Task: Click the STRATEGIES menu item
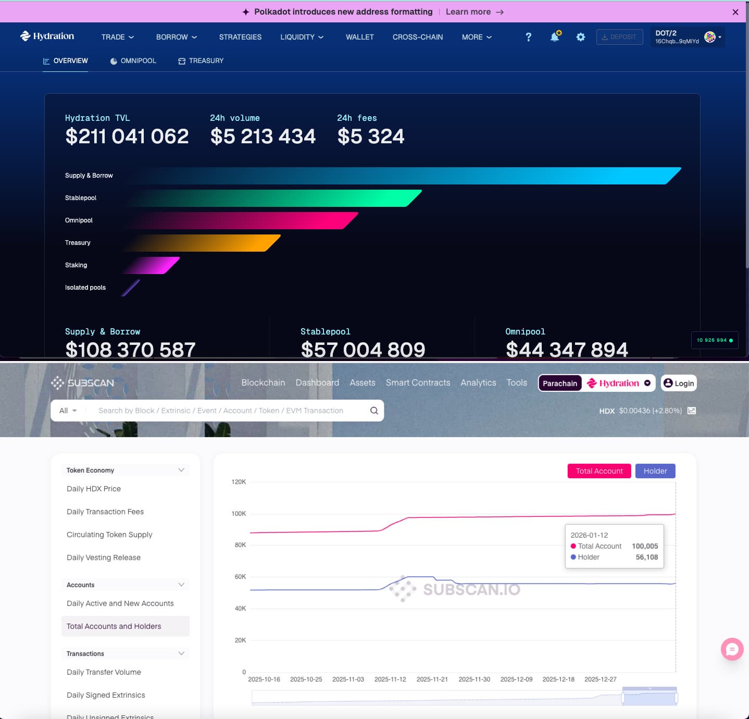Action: pyautogui.click(x=240, y=37)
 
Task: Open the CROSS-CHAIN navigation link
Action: pyautogui.click(x=417, y=37)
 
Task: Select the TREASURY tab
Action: pyautogui.click(x=201, y=61)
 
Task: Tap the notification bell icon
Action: pyautogui.click(x=555, y=37)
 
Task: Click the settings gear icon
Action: pyautogui.click(x=580, y=37)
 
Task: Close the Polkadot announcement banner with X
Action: pyautogui.click(x=735, y=12)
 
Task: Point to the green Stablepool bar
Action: pyautogui.click(x=276, y=198)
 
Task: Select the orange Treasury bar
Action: pyautogui.click(x=208, y=243)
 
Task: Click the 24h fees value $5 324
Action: pyautogui.click(x=370, y=137)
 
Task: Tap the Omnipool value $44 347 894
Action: pyautogui.click(x=567, y=350)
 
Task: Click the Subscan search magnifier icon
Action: pyautogui.click(x=374, y=411)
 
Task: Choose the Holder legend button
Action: pyautogui.click(x=655, y=471)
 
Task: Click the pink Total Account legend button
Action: pyautogui.click(x=599, y=471)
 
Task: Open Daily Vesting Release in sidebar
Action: pyautogui.click(x=104, y=557)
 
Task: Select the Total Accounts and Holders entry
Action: pyautogui.click(x=114, y=626)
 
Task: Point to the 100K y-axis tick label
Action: pyautogui.click(x=239, y=514)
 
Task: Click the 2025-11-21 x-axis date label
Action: pyautogui.click(x=432, y=679)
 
